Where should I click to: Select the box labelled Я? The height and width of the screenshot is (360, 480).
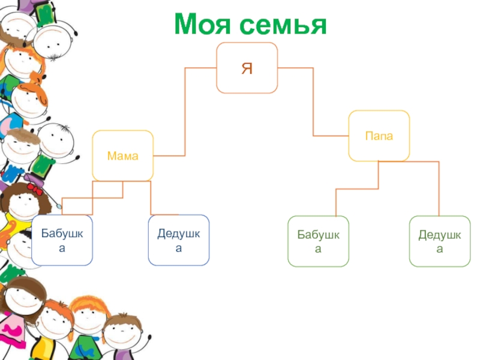pos(247,68)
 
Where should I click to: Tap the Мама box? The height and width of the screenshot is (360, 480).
pos(122,155)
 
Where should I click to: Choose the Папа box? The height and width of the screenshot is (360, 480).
pos(379,136)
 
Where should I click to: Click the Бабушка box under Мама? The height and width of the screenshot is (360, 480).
pos(62,240)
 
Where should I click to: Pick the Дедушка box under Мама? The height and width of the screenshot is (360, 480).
pos(179,240)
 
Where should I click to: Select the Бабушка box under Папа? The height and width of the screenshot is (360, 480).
pos(318,241)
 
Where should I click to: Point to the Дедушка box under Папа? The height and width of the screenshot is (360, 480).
pos(440,241)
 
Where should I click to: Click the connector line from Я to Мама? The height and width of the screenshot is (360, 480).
pos(185,114)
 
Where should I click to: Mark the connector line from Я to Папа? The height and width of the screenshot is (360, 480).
pos(313,102)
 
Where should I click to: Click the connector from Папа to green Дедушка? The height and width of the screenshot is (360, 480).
pos(439,186)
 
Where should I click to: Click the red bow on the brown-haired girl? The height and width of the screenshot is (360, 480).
pos(34,188)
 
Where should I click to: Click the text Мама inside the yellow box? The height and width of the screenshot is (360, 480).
pos(122,156)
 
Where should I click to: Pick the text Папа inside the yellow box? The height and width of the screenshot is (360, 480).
pos(379,136)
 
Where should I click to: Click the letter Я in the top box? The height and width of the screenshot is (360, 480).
pos(247,68)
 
